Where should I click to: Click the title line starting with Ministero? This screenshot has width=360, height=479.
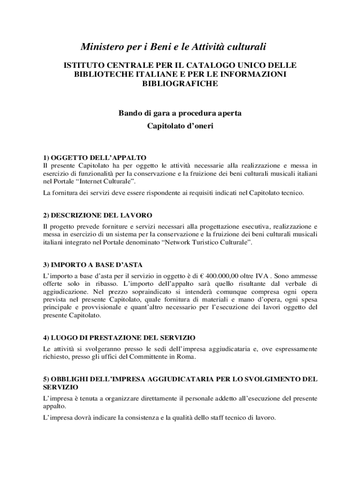(x=173, y=47)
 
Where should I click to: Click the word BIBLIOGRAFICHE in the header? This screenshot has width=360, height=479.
(x=180, y=84)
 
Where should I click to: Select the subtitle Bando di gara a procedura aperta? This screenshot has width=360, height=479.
(x=180, y=113)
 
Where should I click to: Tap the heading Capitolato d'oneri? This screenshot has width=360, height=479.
(x=180, y=126)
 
